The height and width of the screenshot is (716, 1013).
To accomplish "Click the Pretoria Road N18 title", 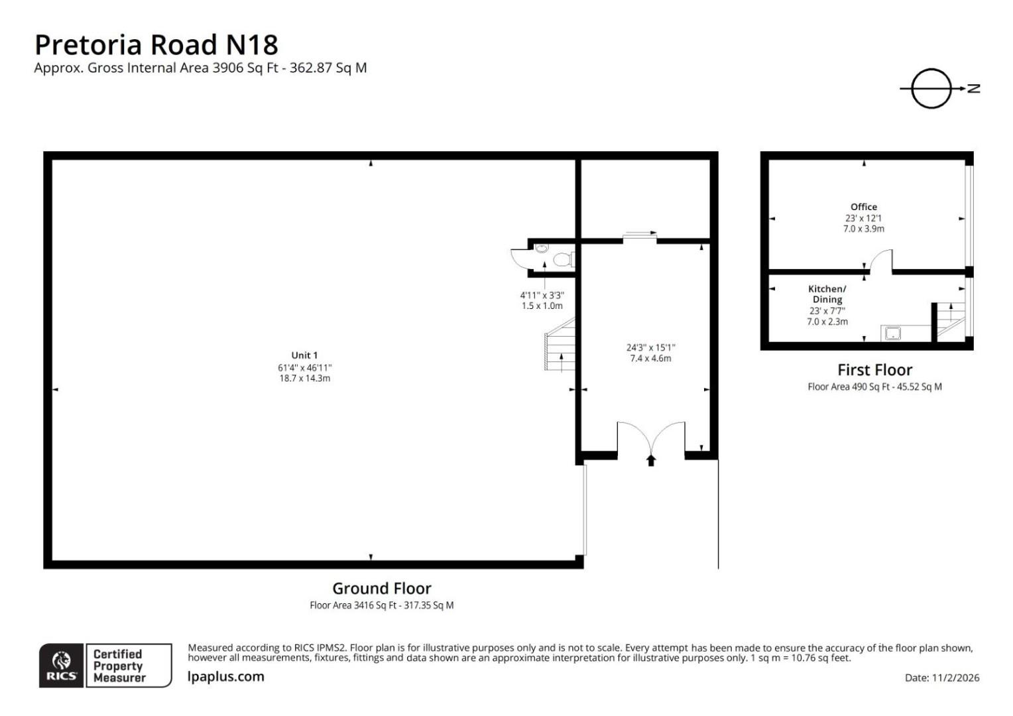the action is click(x=156, y=45).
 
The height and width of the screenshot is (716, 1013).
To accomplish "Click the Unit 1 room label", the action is click(x=304, y=355).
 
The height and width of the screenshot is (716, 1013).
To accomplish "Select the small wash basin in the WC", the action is click(x=542, y=248).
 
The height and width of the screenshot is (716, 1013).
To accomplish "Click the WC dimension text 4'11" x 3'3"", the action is click(x=542, y=296).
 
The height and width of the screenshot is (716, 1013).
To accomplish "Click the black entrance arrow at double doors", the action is click(x=651, y=461).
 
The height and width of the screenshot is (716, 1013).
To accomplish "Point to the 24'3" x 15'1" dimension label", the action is click(x=651, y=348).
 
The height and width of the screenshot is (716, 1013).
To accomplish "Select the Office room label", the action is click(x=864, y=207).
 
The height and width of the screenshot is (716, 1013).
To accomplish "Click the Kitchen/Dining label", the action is click(x=827, y=294).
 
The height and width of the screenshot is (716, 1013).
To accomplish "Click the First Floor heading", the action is click(x=874, y=370).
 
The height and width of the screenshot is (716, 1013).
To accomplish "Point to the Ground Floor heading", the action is click(x=382, y=589).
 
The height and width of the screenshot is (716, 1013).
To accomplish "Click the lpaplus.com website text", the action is click(x=225, y=676).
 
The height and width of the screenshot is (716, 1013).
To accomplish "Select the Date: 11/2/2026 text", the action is click(x=942, y=678).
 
